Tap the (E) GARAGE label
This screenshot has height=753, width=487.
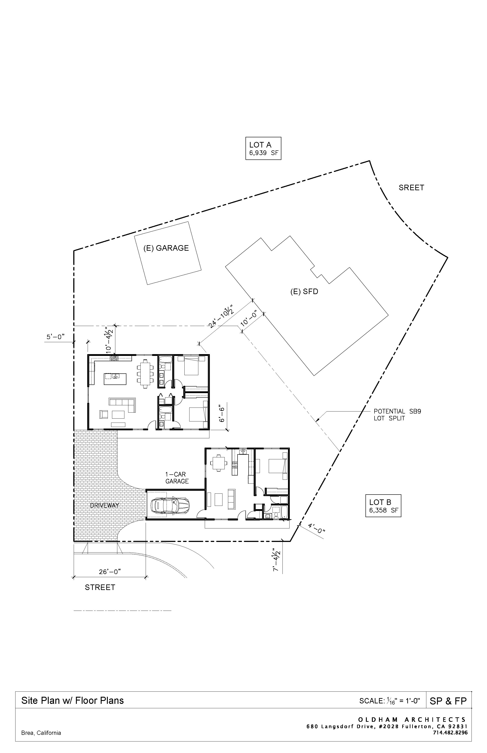(x=166, y=248)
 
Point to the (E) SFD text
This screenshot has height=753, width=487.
(x=304, y=291)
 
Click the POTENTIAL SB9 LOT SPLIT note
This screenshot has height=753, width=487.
(x=397, y=414)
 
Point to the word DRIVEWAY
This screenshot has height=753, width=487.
(x=105, y=505)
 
